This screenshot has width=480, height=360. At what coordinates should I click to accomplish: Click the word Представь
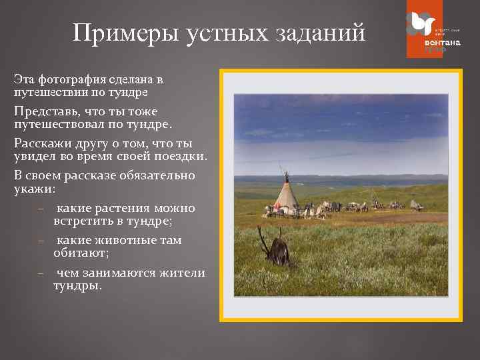[43, 111]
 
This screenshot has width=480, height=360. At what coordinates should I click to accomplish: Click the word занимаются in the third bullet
[123, 273]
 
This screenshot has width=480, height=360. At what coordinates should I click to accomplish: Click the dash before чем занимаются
[41, 273]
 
